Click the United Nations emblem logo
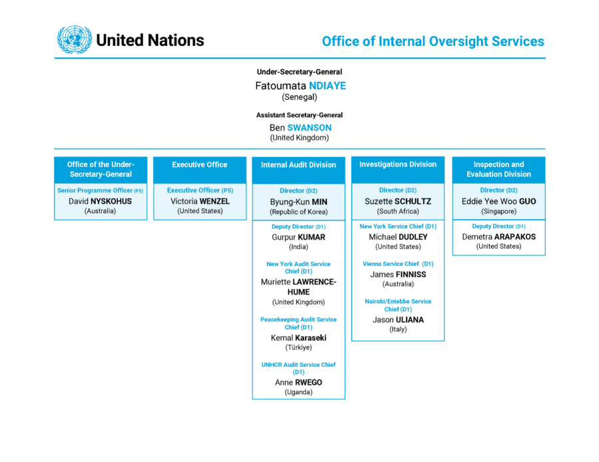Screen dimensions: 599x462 [75, 40]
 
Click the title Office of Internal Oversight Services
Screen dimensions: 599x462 [433, 41]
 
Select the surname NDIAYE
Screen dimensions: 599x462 [327, 86]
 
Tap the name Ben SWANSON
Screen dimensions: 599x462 [300, 128]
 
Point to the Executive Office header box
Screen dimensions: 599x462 [200, 170]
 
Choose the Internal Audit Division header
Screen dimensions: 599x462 [299, 170]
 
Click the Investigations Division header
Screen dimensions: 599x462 [398, 170]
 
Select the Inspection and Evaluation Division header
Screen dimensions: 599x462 [499, 170]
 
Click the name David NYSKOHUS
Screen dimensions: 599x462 [100, 201]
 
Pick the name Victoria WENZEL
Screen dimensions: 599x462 [200, 201]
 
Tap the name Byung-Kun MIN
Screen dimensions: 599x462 [298, 202]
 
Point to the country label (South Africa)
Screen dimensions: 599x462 [398, 211]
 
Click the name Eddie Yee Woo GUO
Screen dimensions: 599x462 [499, 201]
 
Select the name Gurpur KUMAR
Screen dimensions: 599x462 [298, 237]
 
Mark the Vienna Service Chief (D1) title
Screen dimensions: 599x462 [398, 264]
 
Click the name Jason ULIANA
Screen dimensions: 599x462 [398, 320]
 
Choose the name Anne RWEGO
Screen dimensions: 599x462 [298, 382]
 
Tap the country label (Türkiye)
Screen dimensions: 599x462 [298, 348]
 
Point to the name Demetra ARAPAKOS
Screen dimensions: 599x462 [499, 237]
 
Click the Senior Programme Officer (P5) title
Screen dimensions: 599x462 [100, 190]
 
